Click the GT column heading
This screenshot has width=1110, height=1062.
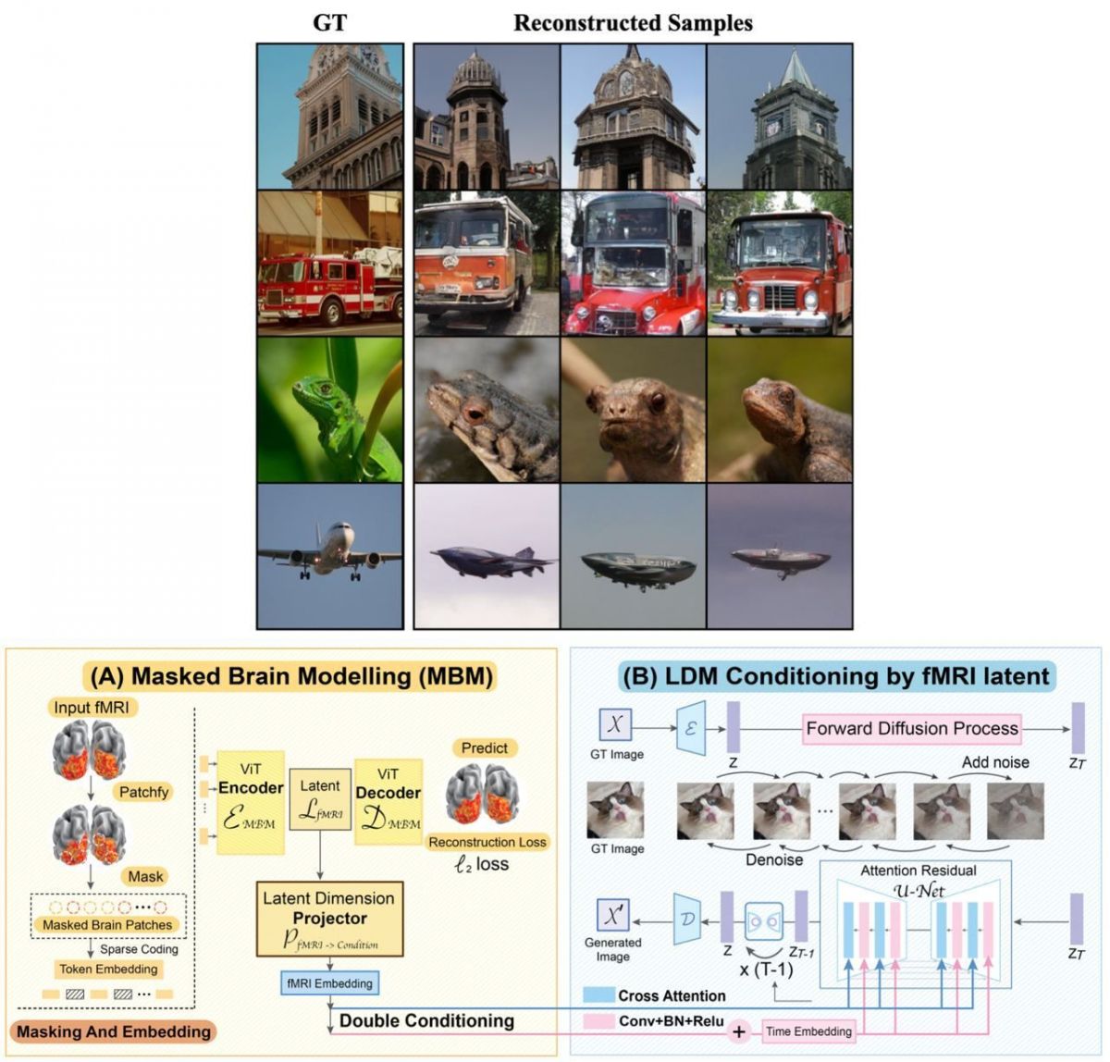(x=330, y=22)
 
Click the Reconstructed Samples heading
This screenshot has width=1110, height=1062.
(x=633, y=22)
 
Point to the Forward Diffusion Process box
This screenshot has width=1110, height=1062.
(x=912, y=728)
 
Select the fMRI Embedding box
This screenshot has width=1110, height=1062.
(x=328, y=983)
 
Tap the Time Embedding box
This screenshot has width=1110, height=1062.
(x=808, y=1031)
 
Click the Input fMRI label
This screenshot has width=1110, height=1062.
(x=85, y=709)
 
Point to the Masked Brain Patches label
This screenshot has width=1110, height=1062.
(x=107, y=924)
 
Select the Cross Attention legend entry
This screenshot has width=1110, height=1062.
(x=672, y=995)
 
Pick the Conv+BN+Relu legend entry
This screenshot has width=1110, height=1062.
(x=672, y=1021)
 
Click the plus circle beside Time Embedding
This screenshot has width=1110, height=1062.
(x=739, y=1031)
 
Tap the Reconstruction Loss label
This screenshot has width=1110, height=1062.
(x=487, y=842)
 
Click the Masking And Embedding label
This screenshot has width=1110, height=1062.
(x=114, y=1031)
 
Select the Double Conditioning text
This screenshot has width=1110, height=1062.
(x=426, y=1020)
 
